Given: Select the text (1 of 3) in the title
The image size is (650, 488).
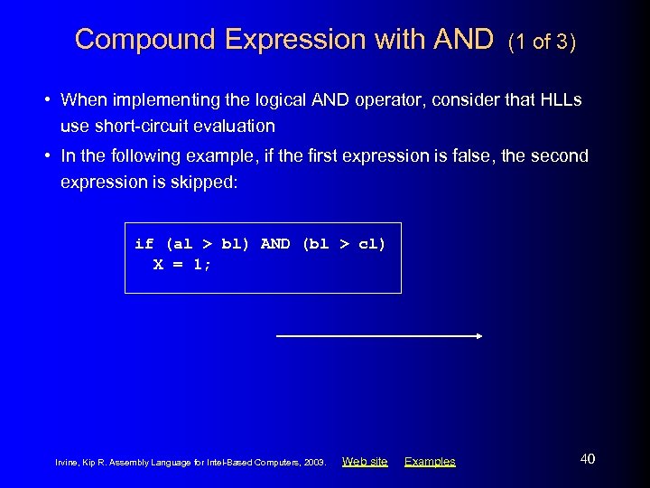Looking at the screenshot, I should click(x=542, y=42).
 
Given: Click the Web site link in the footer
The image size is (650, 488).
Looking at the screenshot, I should click(x=365, y=462).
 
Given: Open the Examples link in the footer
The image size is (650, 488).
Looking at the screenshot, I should click(x=430, y=462).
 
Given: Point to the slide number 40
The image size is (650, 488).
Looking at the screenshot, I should click(x=587, y=459).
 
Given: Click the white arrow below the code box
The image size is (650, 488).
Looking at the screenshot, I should click(x=379, y=336).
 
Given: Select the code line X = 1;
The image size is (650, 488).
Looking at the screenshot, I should click(x=182, y=265).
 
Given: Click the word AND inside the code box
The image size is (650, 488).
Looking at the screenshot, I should click(x=275, y=244).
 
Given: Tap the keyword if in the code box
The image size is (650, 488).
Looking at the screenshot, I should click(x=144, y=244).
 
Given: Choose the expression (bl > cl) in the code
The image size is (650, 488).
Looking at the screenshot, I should click(x=343, y=244).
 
